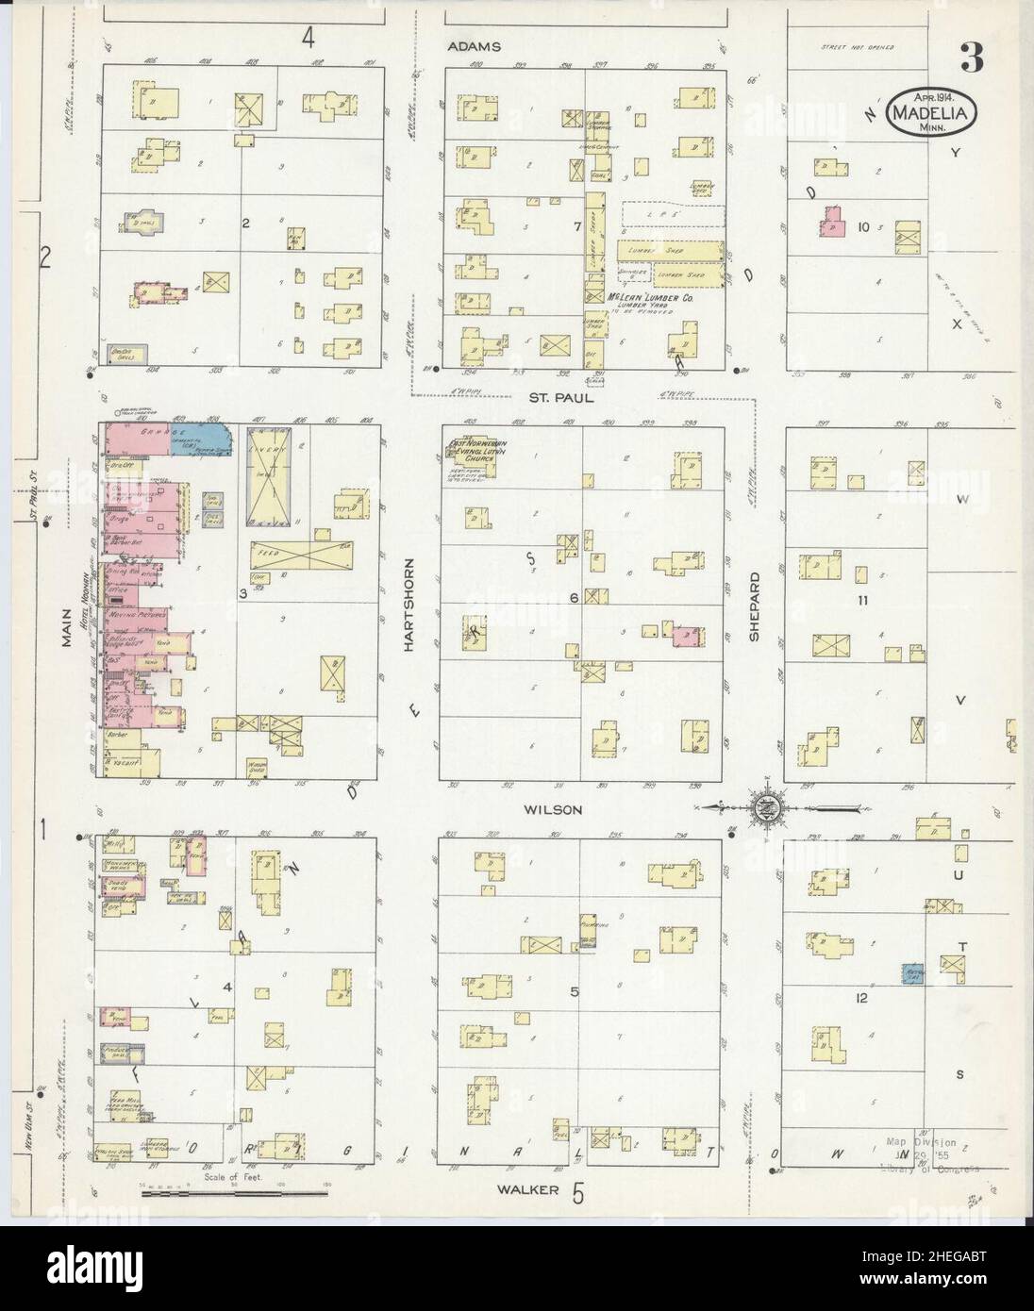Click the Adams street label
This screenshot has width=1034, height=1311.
click(x=475, y=45)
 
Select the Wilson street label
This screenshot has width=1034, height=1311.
click(x=553, y=808)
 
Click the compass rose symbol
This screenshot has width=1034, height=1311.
click(x=766, y=806)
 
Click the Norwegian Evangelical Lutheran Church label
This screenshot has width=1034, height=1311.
click(x=472, y=449)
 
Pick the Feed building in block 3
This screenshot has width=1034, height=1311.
click(x=299, y=557)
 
